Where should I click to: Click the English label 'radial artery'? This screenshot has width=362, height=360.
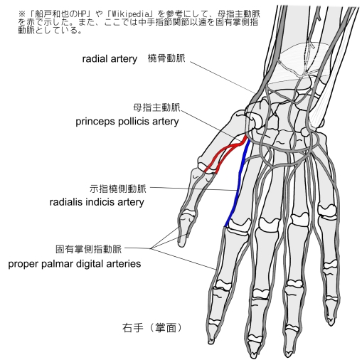110,59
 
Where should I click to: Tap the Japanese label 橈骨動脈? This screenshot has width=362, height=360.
166,58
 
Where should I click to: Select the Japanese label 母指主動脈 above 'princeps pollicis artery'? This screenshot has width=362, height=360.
156,107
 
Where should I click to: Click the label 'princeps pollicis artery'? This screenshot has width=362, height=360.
127,122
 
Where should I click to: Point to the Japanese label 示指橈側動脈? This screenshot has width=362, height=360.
118,189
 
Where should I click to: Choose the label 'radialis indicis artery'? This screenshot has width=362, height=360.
97,202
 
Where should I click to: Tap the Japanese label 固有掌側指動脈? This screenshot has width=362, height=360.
89,249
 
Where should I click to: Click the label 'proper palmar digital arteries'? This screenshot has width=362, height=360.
75,264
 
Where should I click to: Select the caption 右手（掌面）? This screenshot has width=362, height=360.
152,328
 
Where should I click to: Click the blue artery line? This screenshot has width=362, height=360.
238,183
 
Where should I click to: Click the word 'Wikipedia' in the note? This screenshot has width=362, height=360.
130,14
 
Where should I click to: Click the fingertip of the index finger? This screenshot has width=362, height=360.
211,342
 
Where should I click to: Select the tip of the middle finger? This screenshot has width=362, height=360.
254,356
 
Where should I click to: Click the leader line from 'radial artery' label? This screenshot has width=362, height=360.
223,78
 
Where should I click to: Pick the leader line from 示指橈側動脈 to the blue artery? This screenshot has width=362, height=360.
193,189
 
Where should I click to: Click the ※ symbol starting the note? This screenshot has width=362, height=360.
22,14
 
